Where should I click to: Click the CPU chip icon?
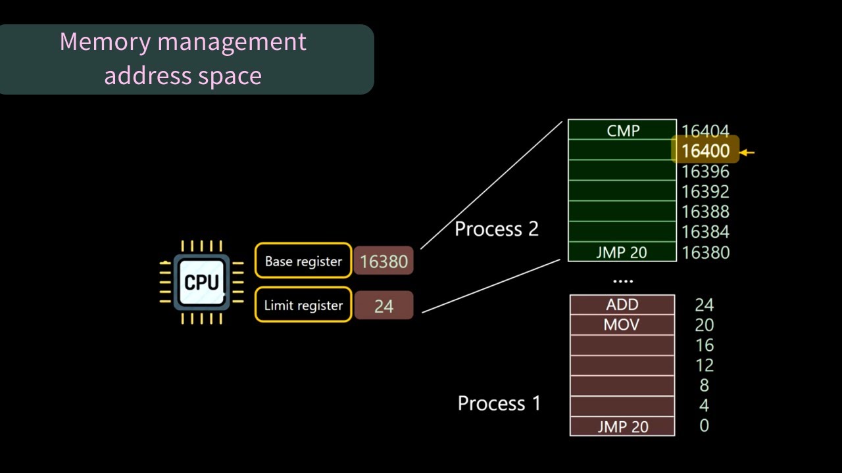201,282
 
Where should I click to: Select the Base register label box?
303,261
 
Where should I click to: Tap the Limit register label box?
303,305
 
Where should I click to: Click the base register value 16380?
384,261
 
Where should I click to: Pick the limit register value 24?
384,306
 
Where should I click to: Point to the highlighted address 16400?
705,151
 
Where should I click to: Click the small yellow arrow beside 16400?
747,152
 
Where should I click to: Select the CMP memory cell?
622,130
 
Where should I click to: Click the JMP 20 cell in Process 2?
622,252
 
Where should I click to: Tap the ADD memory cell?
622,305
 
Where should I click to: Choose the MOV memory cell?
622,325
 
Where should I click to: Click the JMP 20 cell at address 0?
622,426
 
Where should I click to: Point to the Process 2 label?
497,229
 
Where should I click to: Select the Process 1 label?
499,403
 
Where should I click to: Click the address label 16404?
705,131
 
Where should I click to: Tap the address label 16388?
705,212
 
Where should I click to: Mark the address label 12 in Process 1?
704,365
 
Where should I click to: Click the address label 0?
704,426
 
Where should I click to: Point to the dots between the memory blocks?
622,281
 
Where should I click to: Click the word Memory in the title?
105,42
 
